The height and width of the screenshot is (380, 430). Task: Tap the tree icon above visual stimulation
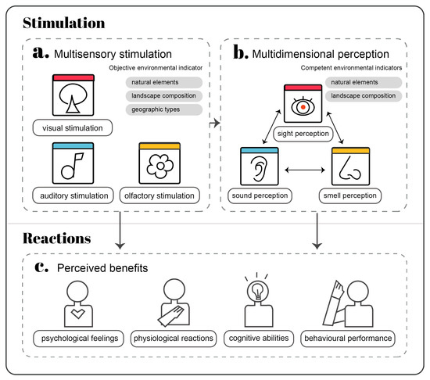click(x=72, y=96)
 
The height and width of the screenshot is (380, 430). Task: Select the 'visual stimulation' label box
click(x=71, y=126)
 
